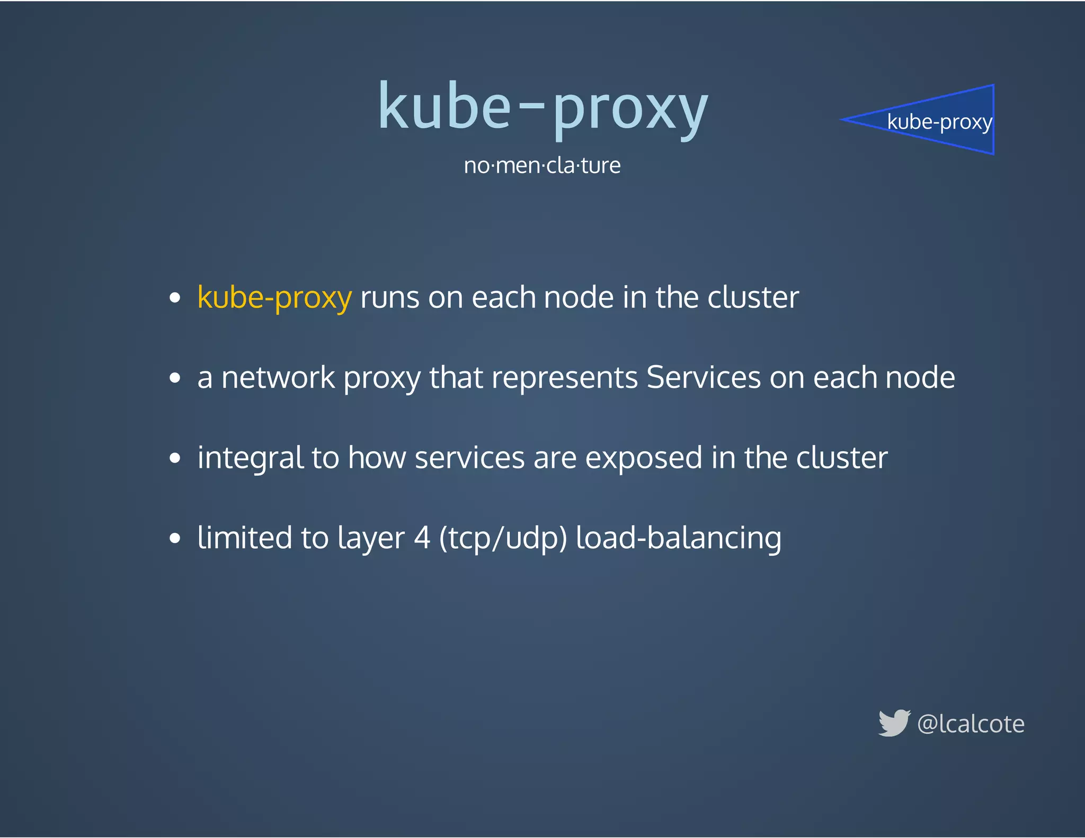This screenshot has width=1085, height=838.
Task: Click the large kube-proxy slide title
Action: click(x=542, y=108)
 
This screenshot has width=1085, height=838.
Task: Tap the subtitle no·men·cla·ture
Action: click(x=542, y=165)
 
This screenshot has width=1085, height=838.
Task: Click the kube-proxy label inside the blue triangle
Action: click(x=939, y=122)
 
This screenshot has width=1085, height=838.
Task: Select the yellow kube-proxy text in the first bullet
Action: click(x=274, y=298)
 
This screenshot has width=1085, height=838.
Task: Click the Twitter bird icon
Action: click(x=894, y=723)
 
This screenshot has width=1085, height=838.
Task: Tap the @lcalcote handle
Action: click(x=971, y=724)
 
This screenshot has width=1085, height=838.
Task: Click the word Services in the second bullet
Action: click(x=703, y=378)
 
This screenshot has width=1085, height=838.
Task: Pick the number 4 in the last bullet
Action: click(x=422, y=538)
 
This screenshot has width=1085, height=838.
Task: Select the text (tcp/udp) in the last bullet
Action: click(x=503, y=538)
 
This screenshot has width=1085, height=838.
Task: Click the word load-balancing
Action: click(x=678, y=538)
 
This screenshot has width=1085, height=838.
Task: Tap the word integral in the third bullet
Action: click(x=250, y=458)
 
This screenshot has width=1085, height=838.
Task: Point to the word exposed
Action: click(x=644, y=458)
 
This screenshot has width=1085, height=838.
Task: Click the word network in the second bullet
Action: click(x=278, y=378)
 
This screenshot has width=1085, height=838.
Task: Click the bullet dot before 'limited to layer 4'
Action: click(x=175, y=539)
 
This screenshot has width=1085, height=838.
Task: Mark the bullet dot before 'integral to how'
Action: click(x=175, y=458)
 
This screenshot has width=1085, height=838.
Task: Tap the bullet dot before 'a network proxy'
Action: click(x=175, y=378)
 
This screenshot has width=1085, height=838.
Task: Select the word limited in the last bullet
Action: click(x=245, y=538)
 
